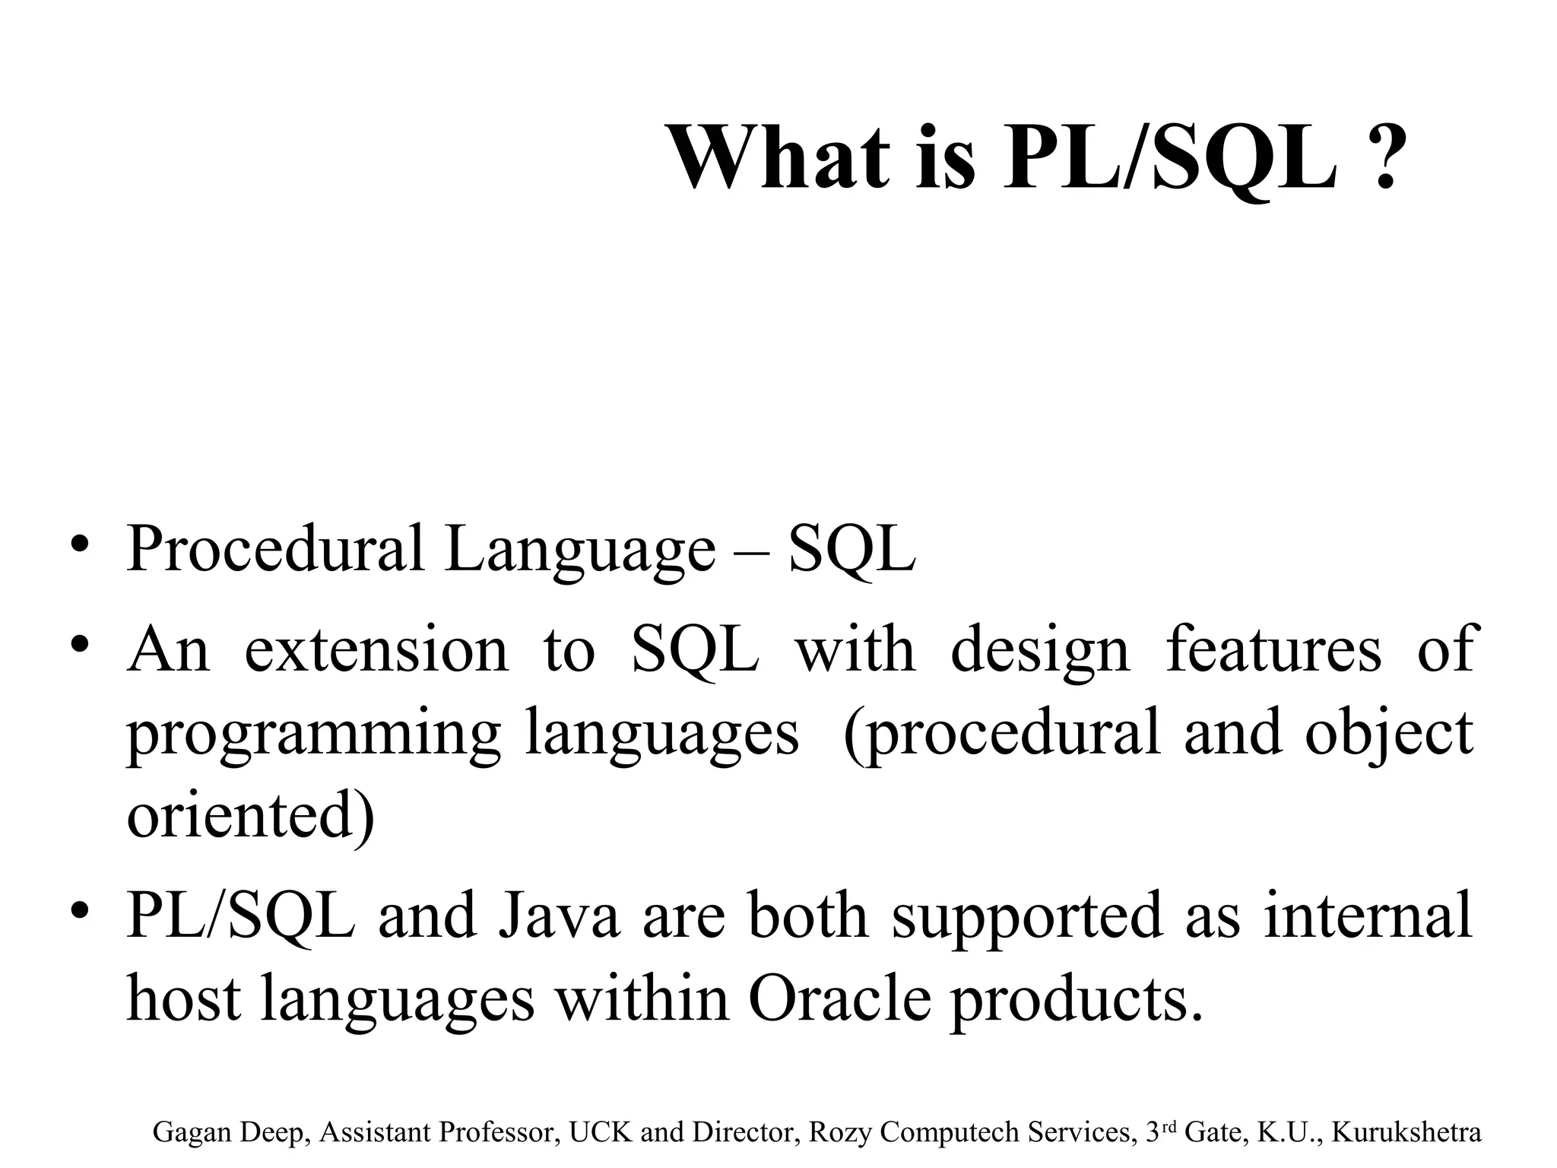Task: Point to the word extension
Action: click(x=376, y=651)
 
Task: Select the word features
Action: click(x=1273, y=651)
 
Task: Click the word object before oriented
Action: click(x=1388, y=735)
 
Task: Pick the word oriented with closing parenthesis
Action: click(x=251, y=817)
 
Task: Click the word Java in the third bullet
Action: click(x=558, y=916)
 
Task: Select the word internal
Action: click(x=1368, y=916)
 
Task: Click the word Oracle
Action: click(x=839, y=999)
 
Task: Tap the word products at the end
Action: click(x=1077, y=1001)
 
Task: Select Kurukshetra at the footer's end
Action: click(x=1407, y=1132)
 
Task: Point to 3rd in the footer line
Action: click(x=1160, y=1131)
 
